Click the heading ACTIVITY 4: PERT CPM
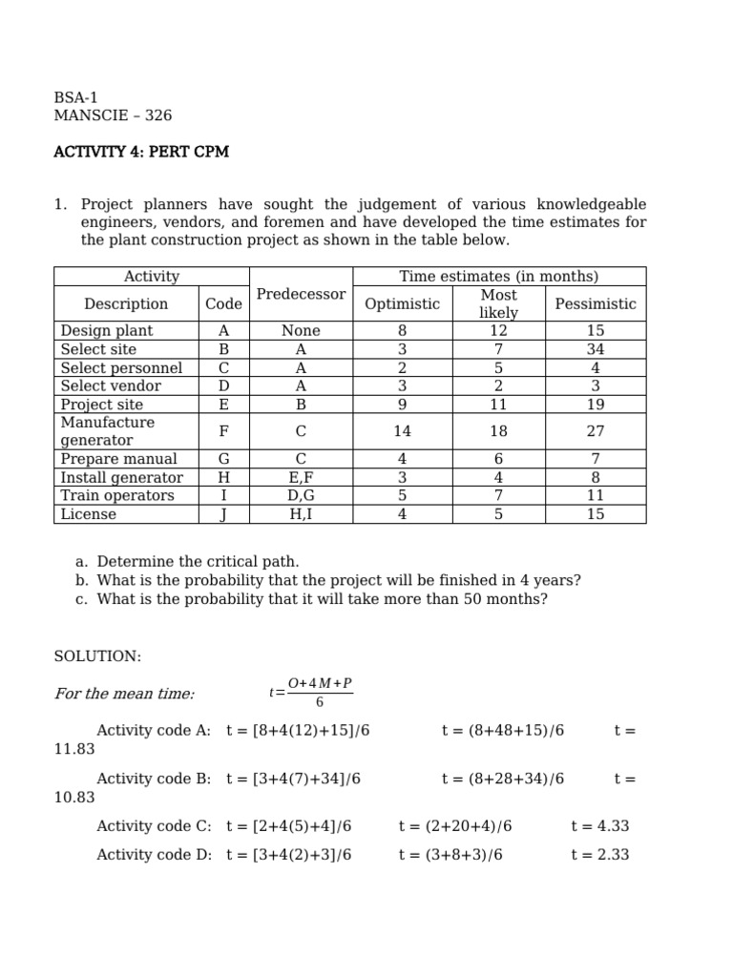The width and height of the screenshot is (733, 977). [x=141, y=152]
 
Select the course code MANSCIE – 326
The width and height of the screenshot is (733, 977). [x=113, y=115]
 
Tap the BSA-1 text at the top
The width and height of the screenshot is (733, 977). [x=75, y=97]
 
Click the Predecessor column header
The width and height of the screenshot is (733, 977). [x=301, y=295]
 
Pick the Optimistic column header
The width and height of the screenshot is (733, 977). [x=402, y=304]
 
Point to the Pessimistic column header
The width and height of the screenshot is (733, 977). [x=595, y=304]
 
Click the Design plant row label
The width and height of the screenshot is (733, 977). [x=106, y=331]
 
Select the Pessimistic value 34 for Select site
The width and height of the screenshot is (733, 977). [x=595, y=349]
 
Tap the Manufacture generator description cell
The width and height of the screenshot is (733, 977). [x=107, y=431]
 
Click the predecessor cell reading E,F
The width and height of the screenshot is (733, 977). [x=301, y=477]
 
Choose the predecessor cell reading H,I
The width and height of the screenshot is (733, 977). [x=301, y=514]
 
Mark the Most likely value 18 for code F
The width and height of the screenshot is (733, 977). [x=498, y=431]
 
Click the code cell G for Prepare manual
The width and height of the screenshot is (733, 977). [x=223, y=459]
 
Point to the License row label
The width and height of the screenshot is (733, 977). [x=88, y=514]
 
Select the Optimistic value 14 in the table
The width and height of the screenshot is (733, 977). [x=402, y=431]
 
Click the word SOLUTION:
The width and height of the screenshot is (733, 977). [x=97, y=656]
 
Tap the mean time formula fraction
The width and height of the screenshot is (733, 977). [x=319, y=694]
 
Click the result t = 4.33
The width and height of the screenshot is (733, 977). [x=599, y=826]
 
